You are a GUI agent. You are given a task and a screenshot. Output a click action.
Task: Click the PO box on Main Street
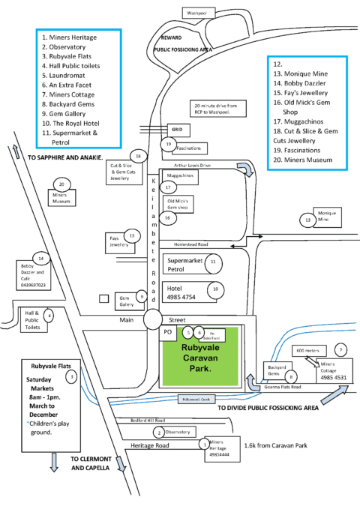pyautogui.click(x=169, y=331)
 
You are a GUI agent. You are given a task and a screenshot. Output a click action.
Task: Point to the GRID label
pyautogui.click(x=177, y=128)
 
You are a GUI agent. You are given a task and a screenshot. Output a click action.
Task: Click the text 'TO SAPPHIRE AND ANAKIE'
pyautogui.click(x=64, y=159)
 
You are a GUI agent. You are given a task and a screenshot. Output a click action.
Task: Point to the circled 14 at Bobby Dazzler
pyautogui.click(x=41, y=259)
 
